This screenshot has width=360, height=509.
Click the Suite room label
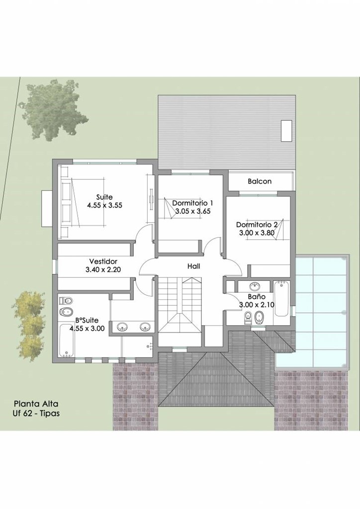[104, 197]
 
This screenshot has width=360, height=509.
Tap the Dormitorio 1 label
[193, 203]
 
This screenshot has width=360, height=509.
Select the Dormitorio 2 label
[257, 225]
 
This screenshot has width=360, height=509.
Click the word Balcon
[260, 181]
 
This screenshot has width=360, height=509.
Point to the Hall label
[193, 266]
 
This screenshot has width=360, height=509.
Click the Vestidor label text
[103, 261]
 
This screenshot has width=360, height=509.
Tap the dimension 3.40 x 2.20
[103, 269]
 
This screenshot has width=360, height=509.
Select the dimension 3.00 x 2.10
[257, 305]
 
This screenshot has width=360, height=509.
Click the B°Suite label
[87, 321]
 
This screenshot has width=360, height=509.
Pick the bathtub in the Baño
[281, 299]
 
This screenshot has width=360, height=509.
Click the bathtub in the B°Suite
[67, 340]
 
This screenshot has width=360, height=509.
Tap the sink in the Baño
[255, 286]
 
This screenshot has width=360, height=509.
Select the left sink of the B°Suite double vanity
[122, 327]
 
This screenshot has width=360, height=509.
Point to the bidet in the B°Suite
[66, 312]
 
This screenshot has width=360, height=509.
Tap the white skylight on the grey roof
[286, 131]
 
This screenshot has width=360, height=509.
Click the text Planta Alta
[36, 404]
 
